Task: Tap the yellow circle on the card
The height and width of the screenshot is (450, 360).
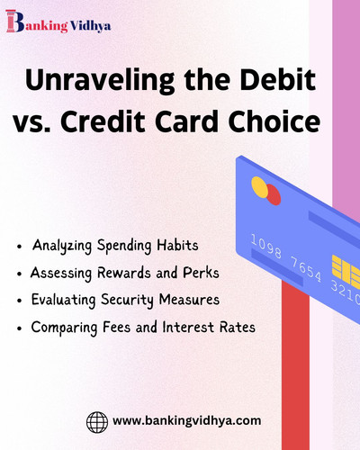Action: point(259,186)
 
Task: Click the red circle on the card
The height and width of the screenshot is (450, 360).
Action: point(272,194)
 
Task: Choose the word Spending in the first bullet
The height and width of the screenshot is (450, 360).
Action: point(121,246)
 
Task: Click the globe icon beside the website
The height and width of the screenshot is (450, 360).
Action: point(97,420)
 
